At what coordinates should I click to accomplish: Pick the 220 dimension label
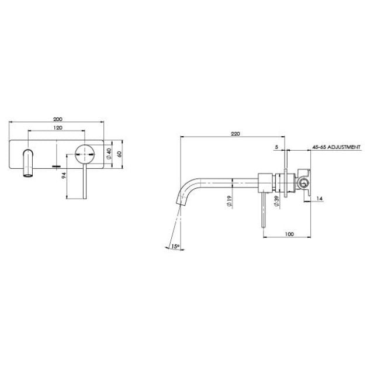click(235, 133)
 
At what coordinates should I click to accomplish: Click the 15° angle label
click(175, 247)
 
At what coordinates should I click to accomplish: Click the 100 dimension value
click(289, 234)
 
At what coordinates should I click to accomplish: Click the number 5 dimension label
click(276, 148)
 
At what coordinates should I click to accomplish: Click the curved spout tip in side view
click(178, 202)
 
